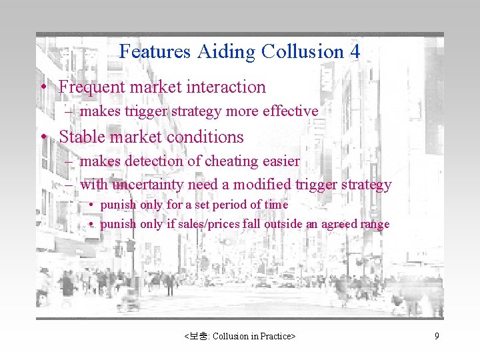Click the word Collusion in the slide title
303,51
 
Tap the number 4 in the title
355,51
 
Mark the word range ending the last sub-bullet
375,225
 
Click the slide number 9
437,337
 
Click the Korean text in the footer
198,337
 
